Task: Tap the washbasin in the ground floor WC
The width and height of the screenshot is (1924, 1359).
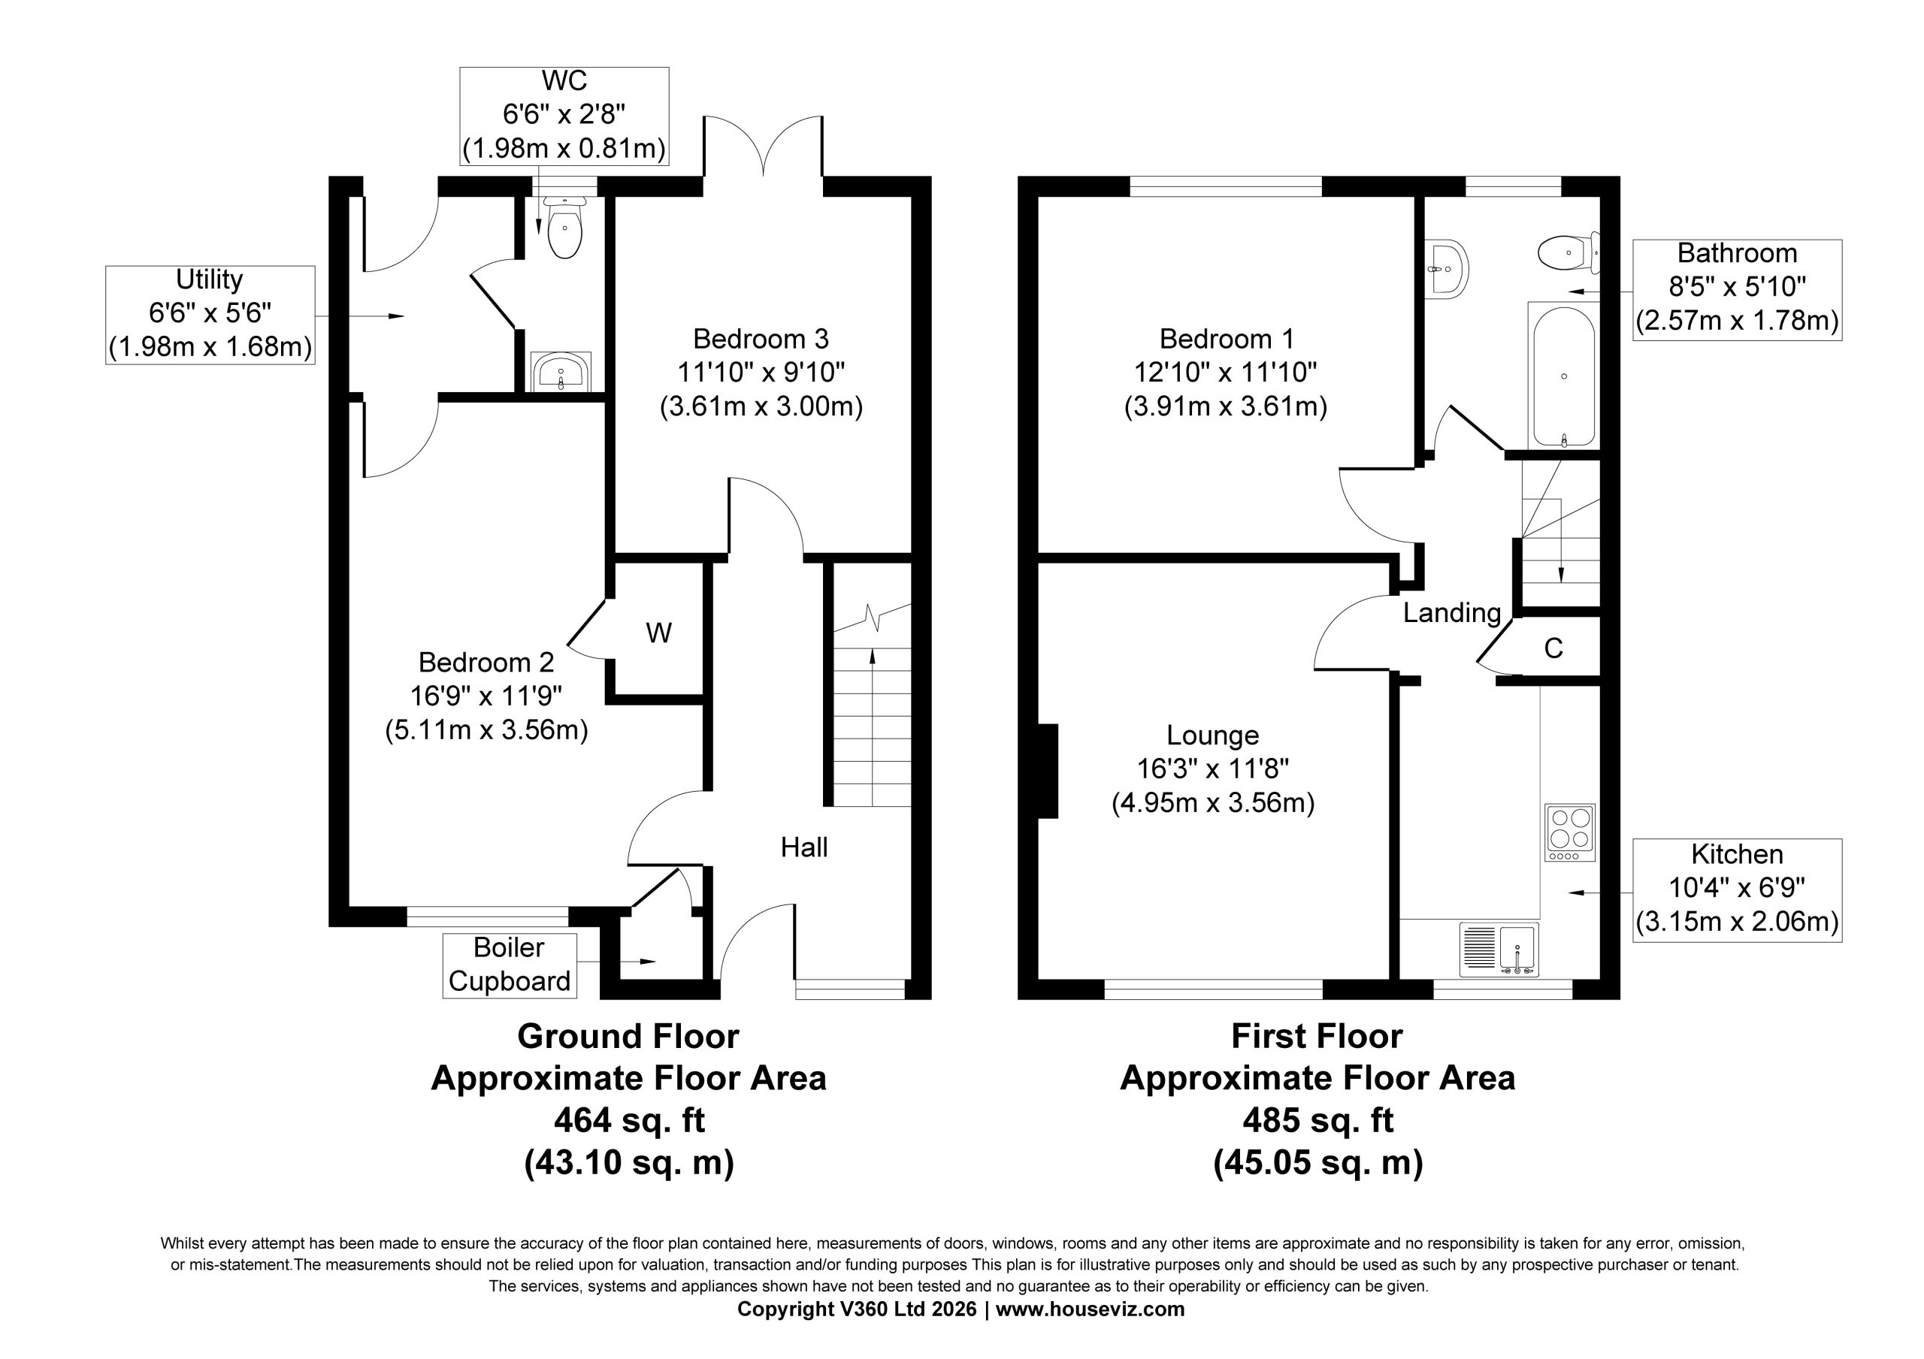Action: (x=561, y=372)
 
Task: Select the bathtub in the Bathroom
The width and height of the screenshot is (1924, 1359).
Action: (x=1564, y=376)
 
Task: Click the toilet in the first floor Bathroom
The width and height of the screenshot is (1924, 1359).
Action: (x=1568, y=252)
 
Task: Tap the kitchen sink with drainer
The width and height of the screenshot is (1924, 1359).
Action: (x=1499, y=950)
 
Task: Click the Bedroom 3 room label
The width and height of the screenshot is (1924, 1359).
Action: (x=761, y=339)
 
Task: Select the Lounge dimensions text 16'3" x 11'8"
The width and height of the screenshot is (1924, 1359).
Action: (x=1212, y=769)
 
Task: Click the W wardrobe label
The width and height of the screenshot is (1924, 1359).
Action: (x=658, y=633)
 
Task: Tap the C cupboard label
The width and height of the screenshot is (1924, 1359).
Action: (x=1553, y=648)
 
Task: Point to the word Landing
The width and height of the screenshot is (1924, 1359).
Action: (x=1452, y=613)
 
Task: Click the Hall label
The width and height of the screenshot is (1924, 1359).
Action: (x=804, y=847)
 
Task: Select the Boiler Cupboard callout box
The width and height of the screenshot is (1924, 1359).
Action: (x=510, y=965)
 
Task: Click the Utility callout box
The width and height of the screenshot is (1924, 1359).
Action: (x=210, y=314)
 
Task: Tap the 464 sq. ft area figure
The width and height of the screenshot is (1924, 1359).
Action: (x=629, y=1120)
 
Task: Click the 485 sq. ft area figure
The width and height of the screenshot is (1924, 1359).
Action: (x=1318, y=1120)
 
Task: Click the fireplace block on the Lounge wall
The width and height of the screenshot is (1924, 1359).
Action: (x=1048, y=771)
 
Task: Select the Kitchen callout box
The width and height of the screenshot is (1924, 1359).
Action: (x=1737, y=889)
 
